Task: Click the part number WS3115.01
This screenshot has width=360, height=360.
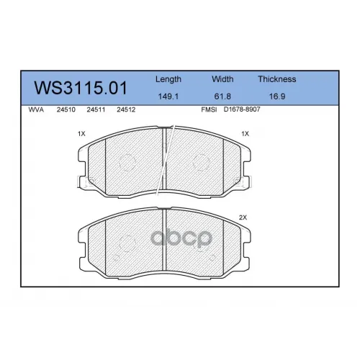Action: (81, 88)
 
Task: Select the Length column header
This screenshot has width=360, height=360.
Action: (168, 79)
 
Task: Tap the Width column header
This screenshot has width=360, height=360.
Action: (222, 79)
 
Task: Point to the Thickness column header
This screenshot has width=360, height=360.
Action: (277, 79)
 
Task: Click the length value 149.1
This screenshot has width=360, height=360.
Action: (168, 96)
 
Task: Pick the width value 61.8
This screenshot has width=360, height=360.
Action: (222, 96)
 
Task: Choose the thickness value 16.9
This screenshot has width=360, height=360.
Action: (277, 96)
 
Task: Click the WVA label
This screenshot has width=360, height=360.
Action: (36, 109)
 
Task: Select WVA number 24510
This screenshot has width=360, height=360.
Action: (66, 109)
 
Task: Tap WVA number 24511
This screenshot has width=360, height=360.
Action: (96, 109)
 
